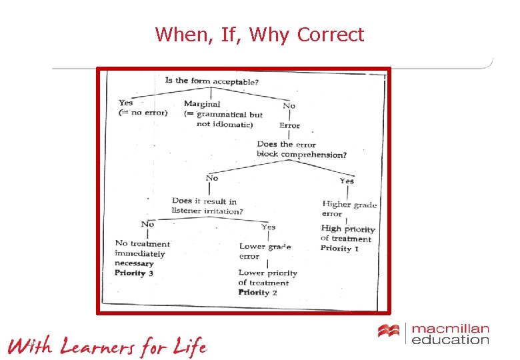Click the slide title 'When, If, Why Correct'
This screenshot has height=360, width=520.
259,34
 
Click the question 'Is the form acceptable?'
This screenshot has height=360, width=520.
212,81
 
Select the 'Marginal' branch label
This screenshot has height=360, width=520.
202,104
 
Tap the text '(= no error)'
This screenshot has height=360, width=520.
143,113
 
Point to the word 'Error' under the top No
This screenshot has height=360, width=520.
289,125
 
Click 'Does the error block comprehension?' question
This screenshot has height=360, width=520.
301,149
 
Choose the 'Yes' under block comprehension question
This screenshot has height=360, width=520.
347,181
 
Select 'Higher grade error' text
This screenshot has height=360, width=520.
349,209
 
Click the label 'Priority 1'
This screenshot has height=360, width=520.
339,249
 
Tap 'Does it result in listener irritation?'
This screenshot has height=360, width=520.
207,206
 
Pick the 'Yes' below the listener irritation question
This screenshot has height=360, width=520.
268,227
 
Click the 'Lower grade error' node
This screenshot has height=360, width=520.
265,251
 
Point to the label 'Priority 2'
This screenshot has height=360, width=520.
257,292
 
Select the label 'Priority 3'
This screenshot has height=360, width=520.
134,273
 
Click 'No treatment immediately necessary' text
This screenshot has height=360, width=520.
142,253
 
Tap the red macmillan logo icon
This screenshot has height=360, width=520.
388,331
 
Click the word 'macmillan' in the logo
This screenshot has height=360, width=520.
450,329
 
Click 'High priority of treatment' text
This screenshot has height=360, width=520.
347,233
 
